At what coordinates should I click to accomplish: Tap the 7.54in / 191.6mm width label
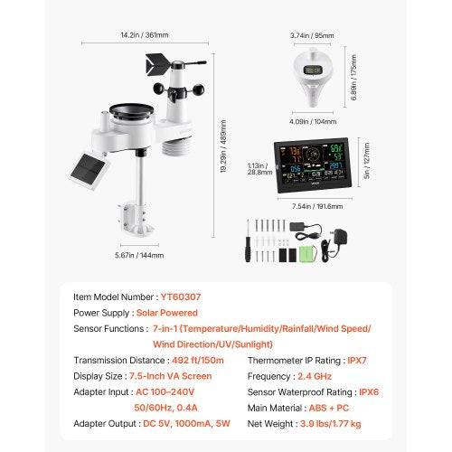[310, 205]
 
